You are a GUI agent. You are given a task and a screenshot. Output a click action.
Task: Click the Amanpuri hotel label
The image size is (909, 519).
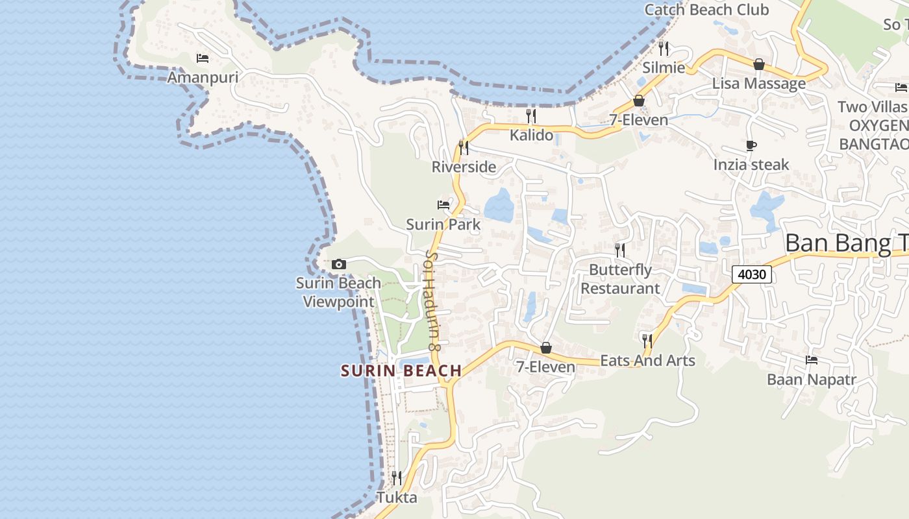(203, 78)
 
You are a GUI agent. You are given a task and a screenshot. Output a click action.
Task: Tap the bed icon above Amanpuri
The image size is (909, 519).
(203, 58)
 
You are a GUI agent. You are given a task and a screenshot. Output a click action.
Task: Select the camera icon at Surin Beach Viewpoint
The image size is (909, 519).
(338, 264)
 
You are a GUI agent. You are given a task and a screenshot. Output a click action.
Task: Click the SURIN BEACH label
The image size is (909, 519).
(401, 371)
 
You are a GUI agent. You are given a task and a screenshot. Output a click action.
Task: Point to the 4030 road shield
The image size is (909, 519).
(753, 274)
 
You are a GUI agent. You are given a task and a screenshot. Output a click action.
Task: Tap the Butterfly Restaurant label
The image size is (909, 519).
(619, 279)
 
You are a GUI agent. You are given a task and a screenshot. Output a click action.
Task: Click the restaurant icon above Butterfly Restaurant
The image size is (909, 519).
(620, 250)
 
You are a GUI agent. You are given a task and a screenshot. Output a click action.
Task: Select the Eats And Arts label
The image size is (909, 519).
(647, 361)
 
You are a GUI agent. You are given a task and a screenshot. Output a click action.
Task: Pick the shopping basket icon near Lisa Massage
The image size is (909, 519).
(758, 64)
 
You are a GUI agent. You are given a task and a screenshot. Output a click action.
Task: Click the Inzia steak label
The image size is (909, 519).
(751, 165)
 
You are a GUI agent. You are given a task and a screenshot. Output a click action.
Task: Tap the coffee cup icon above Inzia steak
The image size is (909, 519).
(751, 146)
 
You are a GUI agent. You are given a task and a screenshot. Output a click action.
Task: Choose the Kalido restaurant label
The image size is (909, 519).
(531, 135)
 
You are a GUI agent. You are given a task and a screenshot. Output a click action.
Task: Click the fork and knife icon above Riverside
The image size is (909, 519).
(464, 147)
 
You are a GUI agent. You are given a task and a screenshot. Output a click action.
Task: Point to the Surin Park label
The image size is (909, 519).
(443, 224)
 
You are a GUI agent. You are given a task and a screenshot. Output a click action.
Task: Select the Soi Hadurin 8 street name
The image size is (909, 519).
(432, 302)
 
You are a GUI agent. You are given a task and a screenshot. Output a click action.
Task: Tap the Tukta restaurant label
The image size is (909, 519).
(397, 498)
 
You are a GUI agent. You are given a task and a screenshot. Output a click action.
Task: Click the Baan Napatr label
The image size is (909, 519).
(812, 380)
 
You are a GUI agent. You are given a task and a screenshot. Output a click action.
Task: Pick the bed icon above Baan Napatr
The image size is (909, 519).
(812, 360)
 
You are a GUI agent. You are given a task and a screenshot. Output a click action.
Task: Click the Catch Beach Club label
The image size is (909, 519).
(706, 10)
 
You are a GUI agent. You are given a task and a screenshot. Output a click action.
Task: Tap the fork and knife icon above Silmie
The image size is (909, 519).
(664, 48)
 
